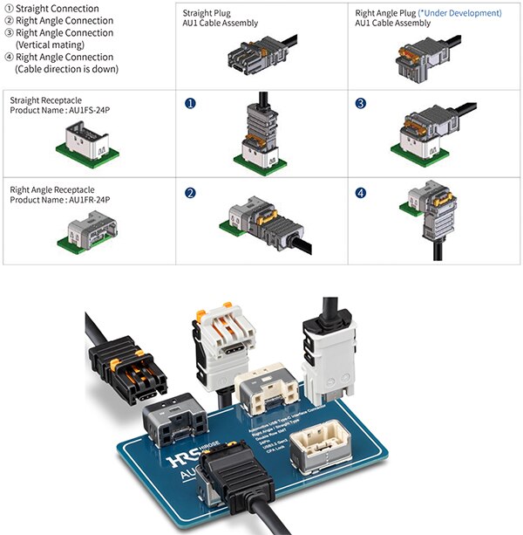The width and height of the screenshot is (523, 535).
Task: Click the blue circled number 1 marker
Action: pyautogui.click(x=188, y=103)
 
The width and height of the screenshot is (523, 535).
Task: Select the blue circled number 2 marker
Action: pyautogui.click(x=188, y=190)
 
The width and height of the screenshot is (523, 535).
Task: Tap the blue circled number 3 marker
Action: pyautogui.click(x=361, y=103)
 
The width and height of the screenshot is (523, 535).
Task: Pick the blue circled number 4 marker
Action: pyautogui.click(x=361, y=190)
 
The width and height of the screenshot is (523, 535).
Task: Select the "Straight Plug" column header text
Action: pyautogui.click(x=207, y=13)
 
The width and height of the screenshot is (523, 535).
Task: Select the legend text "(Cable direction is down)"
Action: pyautogui.click(x=66, y=69)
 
